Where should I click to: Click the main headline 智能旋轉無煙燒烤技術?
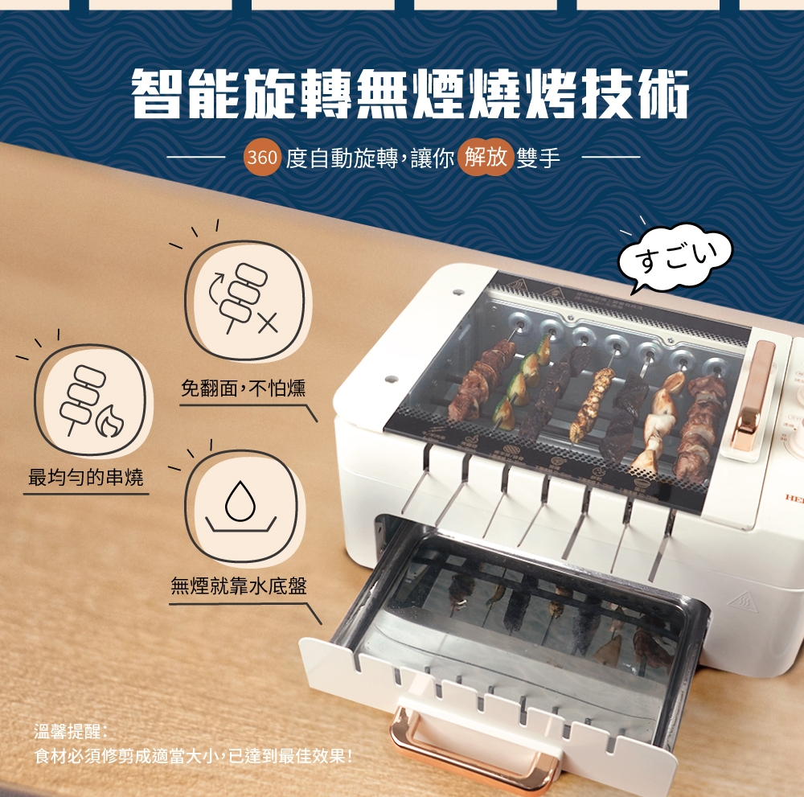click(x=410, y=95)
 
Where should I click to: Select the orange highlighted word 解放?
click(x=485, y=156)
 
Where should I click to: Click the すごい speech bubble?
click(x=675, y=257)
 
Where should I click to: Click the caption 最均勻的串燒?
click(x=86, y=478)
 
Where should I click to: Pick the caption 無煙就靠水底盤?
click(x=239, y=585)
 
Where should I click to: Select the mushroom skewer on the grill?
click(x=659, y=422)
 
